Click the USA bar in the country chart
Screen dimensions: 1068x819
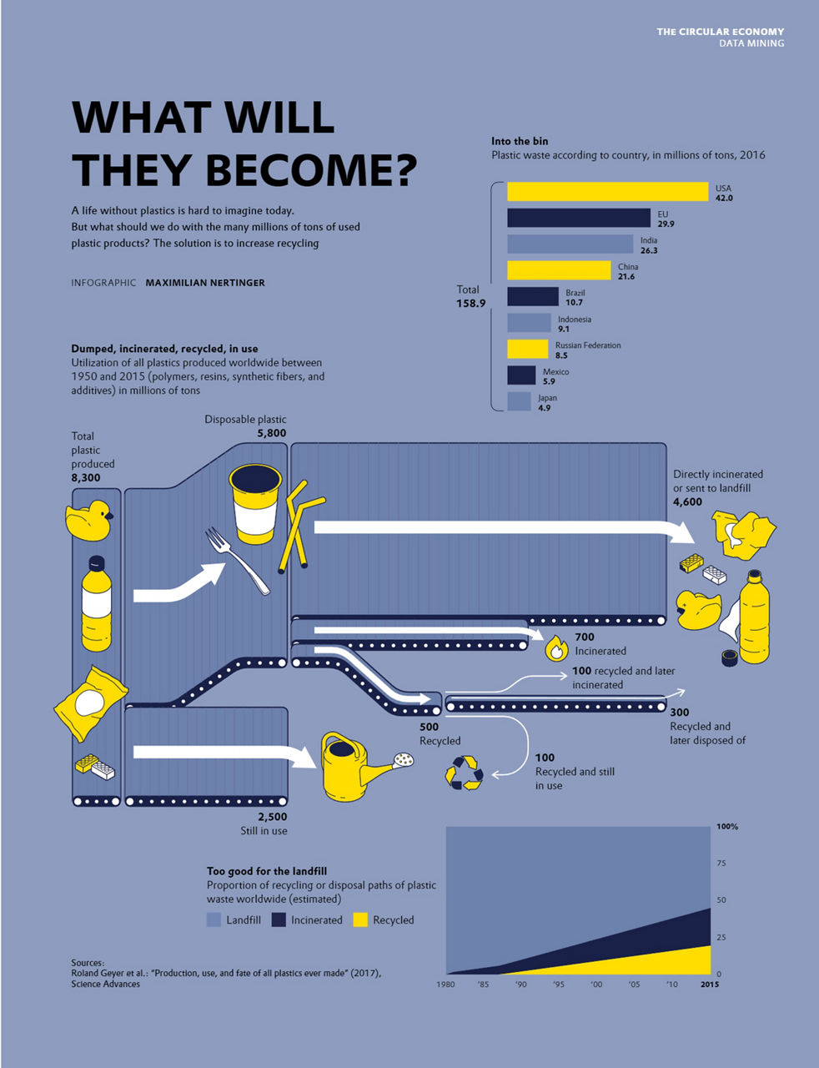click(x=607, y=192)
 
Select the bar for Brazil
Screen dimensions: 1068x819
click(x=532, y=296)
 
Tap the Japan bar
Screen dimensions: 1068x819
click(x=519, y=401)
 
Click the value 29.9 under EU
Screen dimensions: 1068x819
click(x=666, y=224)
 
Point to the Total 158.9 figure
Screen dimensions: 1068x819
click(x=470, y=303)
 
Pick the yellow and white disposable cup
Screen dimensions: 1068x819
click(x=255, y=504)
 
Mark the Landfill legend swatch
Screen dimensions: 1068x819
click(x=214, y=919)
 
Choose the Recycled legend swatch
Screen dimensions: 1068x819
click(x=360, y=919)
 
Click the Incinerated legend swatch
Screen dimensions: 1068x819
click(x=279, y=919)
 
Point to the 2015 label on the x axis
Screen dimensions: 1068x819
click(x=709, y=985)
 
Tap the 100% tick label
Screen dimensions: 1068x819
click(x=726, y=827)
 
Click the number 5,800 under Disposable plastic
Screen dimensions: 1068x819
click(x=271, y=433)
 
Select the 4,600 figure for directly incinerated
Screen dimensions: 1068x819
click(x=687, y=502)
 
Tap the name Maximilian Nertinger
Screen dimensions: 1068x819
click(x=205, y=283)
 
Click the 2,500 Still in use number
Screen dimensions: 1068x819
click(x=271, y=817)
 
